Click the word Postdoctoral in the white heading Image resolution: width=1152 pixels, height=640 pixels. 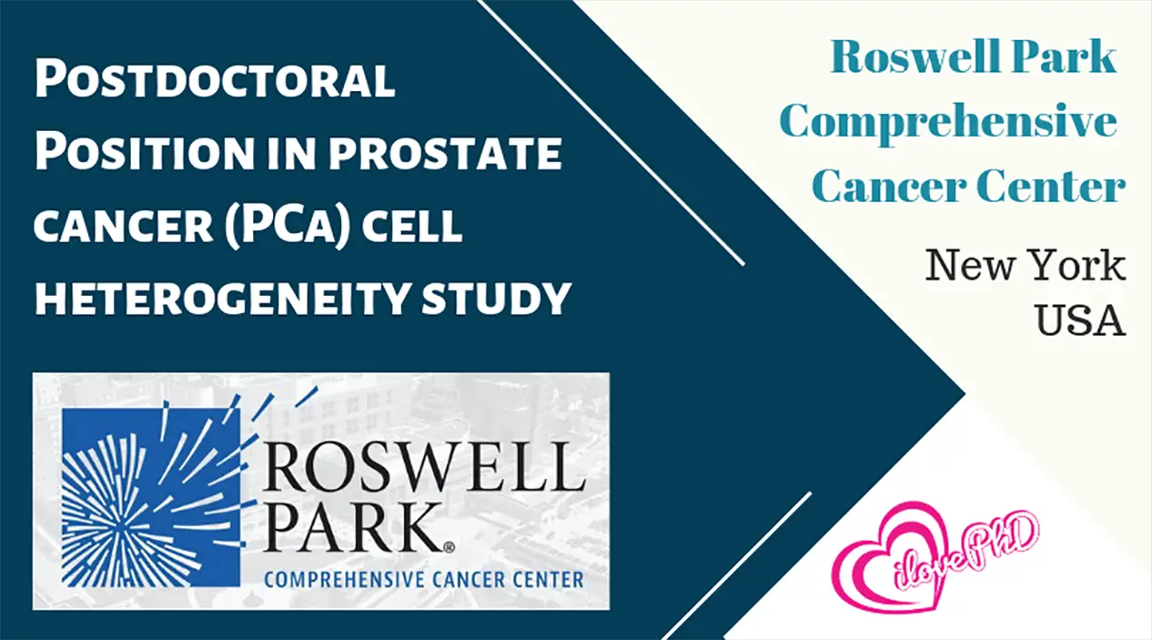click(x=215, y=79)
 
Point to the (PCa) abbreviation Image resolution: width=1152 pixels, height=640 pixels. click(x=288, y=227)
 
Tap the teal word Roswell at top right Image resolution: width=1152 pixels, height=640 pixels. click(x=915, y=56)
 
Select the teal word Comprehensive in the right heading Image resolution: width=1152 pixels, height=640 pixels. click(x=948, y=122)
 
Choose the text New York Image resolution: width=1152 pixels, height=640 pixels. click(x=1025, y=265)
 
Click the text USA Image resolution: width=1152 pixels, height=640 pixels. click(x=1080, y=320)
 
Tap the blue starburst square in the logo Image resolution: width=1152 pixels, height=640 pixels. click(x=151, y=497)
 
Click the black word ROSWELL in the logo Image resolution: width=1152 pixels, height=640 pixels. click(x=424, y=467)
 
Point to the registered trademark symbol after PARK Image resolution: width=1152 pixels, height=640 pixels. click(x=449, y=547)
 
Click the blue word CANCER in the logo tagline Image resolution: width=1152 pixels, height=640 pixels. click(x=468, y=580)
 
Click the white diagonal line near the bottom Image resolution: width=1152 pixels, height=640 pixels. click(x=737, y=566)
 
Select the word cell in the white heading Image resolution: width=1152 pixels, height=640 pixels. click(x=412, y=226)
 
